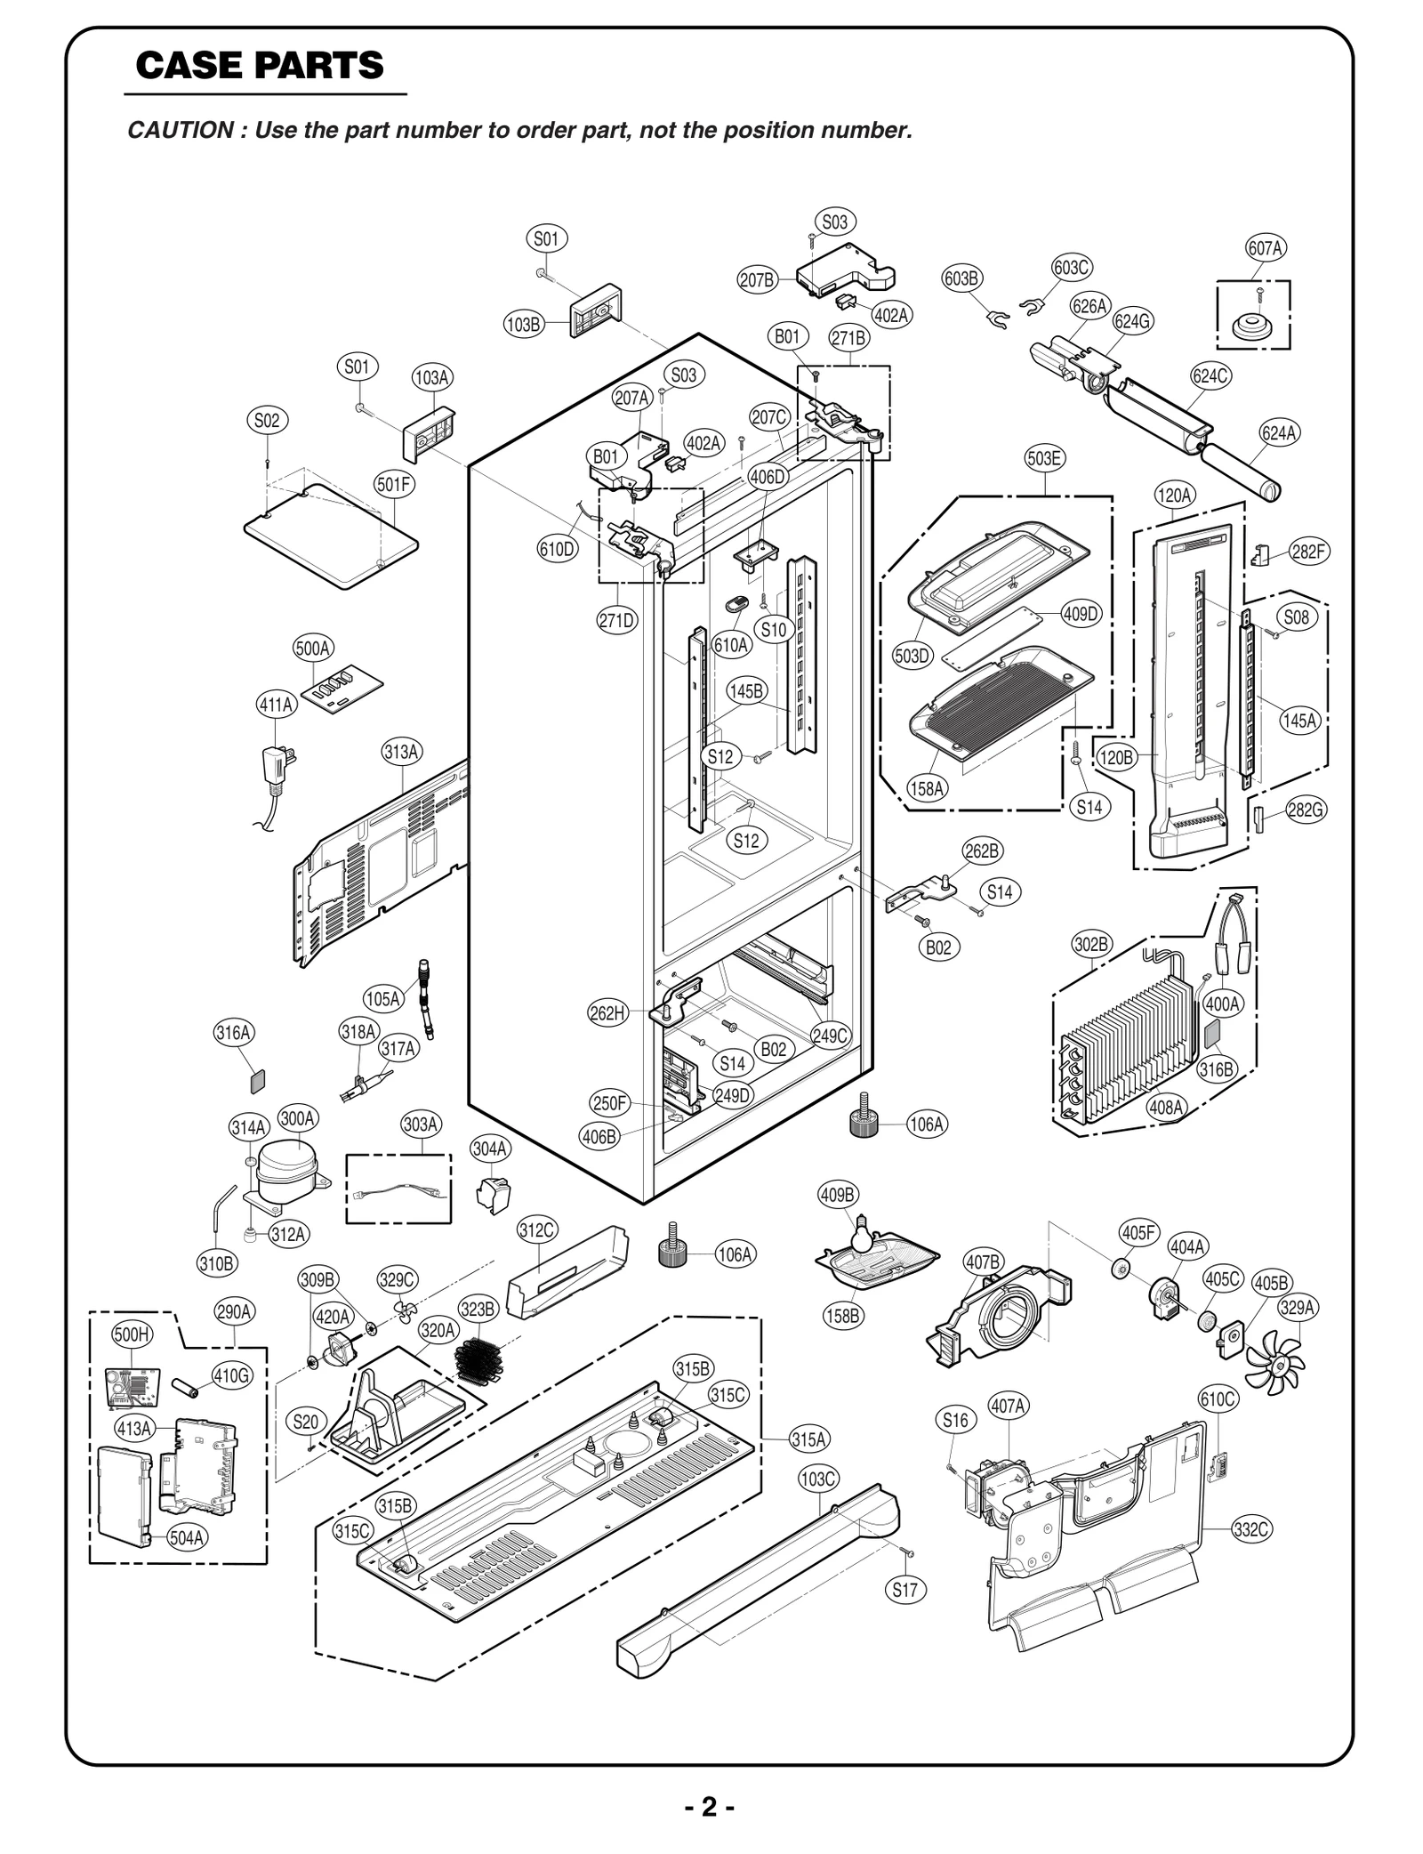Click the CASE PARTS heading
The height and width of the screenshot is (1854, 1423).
pyautogui.click(x=259, y=66)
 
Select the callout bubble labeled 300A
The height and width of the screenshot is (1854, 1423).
pyautogui.click(x=298, y=1117)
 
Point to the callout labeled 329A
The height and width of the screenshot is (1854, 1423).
pyautogui.click(x=1298, y=1307)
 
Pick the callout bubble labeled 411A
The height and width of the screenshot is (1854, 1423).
pyautogui.click(x=276, y=705)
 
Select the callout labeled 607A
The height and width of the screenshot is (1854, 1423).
pyautogui.click(x=1265, y=248)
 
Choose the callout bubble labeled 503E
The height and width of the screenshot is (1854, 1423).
pyautogui.click(x=1044, y=458)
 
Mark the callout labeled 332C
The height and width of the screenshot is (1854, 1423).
pyautogui.click(x=1251, y=1529)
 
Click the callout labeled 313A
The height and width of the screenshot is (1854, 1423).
pyautogui.click(x=402, y=751)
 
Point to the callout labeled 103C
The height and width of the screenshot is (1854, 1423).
pyautogui.click(x=817, y=1479)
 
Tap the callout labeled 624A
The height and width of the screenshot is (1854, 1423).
pyautogui.click(x=1279, y=433)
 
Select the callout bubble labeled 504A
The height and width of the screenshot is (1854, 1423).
pyautogui.click(x=187, y=1536)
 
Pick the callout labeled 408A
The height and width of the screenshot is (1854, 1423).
pyautogui.click(x=1166, y=1107)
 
